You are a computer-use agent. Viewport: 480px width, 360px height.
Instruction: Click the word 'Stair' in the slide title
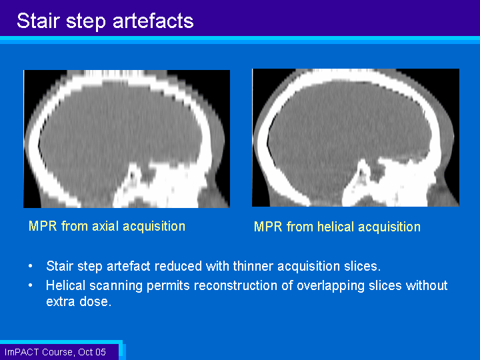point(38,21)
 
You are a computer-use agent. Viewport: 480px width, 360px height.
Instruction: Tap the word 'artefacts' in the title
point(153,21)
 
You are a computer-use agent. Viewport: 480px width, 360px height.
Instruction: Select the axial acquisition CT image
point(127,139)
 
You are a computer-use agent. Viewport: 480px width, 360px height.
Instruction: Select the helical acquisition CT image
point(355,137)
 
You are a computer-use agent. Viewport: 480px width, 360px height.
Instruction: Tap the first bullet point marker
point(30,265)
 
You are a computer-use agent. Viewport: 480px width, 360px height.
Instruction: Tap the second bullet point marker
point(30,285)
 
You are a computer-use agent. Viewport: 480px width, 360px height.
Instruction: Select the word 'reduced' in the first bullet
point(178,266)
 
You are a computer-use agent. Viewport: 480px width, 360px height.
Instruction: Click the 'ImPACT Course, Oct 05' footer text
point(55,352)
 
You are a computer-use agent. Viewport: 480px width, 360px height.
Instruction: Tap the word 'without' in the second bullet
point(427,285)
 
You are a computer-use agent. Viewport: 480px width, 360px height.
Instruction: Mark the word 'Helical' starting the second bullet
point(66,285)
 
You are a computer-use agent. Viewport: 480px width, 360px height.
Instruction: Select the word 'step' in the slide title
point(86,22)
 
